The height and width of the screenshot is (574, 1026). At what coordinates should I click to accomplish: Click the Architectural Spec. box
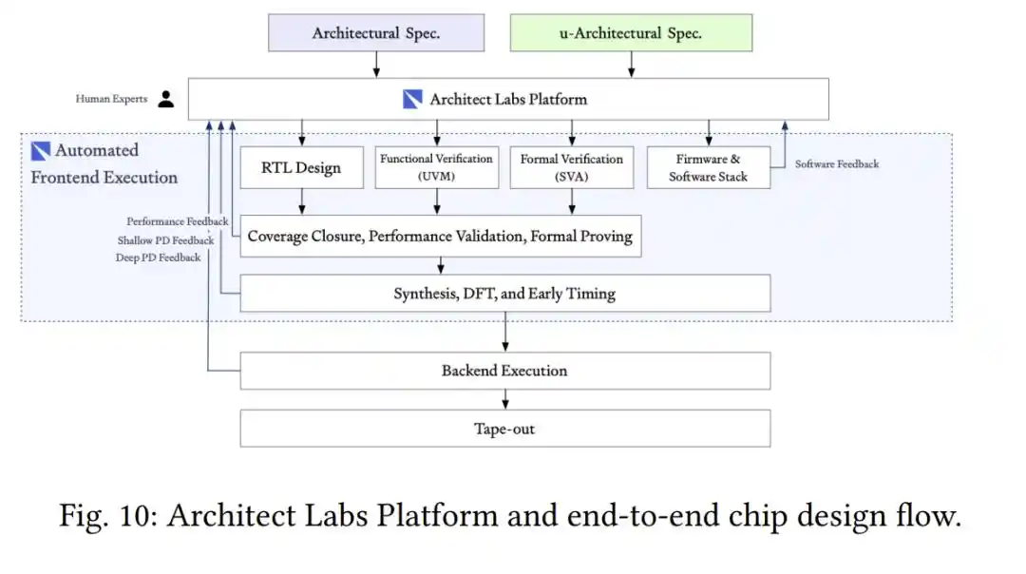[376, 32]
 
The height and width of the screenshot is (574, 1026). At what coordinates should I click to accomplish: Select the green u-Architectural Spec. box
[632, 32]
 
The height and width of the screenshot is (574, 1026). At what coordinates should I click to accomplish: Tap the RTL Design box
[302, 167]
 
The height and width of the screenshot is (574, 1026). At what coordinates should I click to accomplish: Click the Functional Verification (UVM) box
[437, 167]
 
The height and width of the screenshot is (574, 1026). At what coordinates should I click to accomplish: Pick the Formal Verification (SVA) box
[572, 167]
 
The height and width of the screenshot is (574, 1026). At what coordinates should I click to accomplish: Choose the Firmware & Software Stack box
[709, 167]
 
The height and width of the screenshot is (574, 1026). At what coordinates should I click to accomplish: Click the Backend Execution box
[505, 371]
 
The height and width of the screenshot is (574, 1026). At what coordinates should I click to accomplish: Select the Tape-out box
[505, 429]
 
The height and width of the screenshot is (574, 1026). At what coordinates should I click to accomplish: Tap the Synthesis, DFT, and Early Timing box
[505, 294]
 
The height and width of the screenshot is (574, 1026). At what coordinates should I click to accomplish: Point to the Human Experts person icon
[166, 99]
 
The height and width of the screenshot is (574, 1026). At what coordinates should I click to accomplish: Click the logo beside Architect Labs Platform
[412, 99]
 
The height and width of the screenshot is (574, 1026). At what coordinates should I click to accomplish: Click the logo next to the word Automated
[41, 151]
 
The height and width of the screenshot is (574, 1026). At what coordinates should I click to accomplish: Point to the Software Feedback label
[837, 164]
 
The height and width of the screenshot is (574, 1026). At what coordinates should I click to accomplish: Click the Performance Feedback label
[178, 221]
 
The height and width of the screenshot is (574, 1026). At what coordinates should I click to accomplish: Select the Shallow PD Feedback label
[165, 240]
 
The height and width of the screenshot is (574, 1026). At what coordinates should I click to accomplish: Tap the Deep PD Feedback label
[159, 258]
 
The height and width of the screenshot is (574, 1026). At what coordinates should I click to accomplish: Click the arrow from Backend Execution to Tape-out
[505, 399]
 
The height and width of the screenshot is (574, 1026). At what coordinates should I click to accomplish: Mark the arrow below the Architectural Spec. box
[376, 65]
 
